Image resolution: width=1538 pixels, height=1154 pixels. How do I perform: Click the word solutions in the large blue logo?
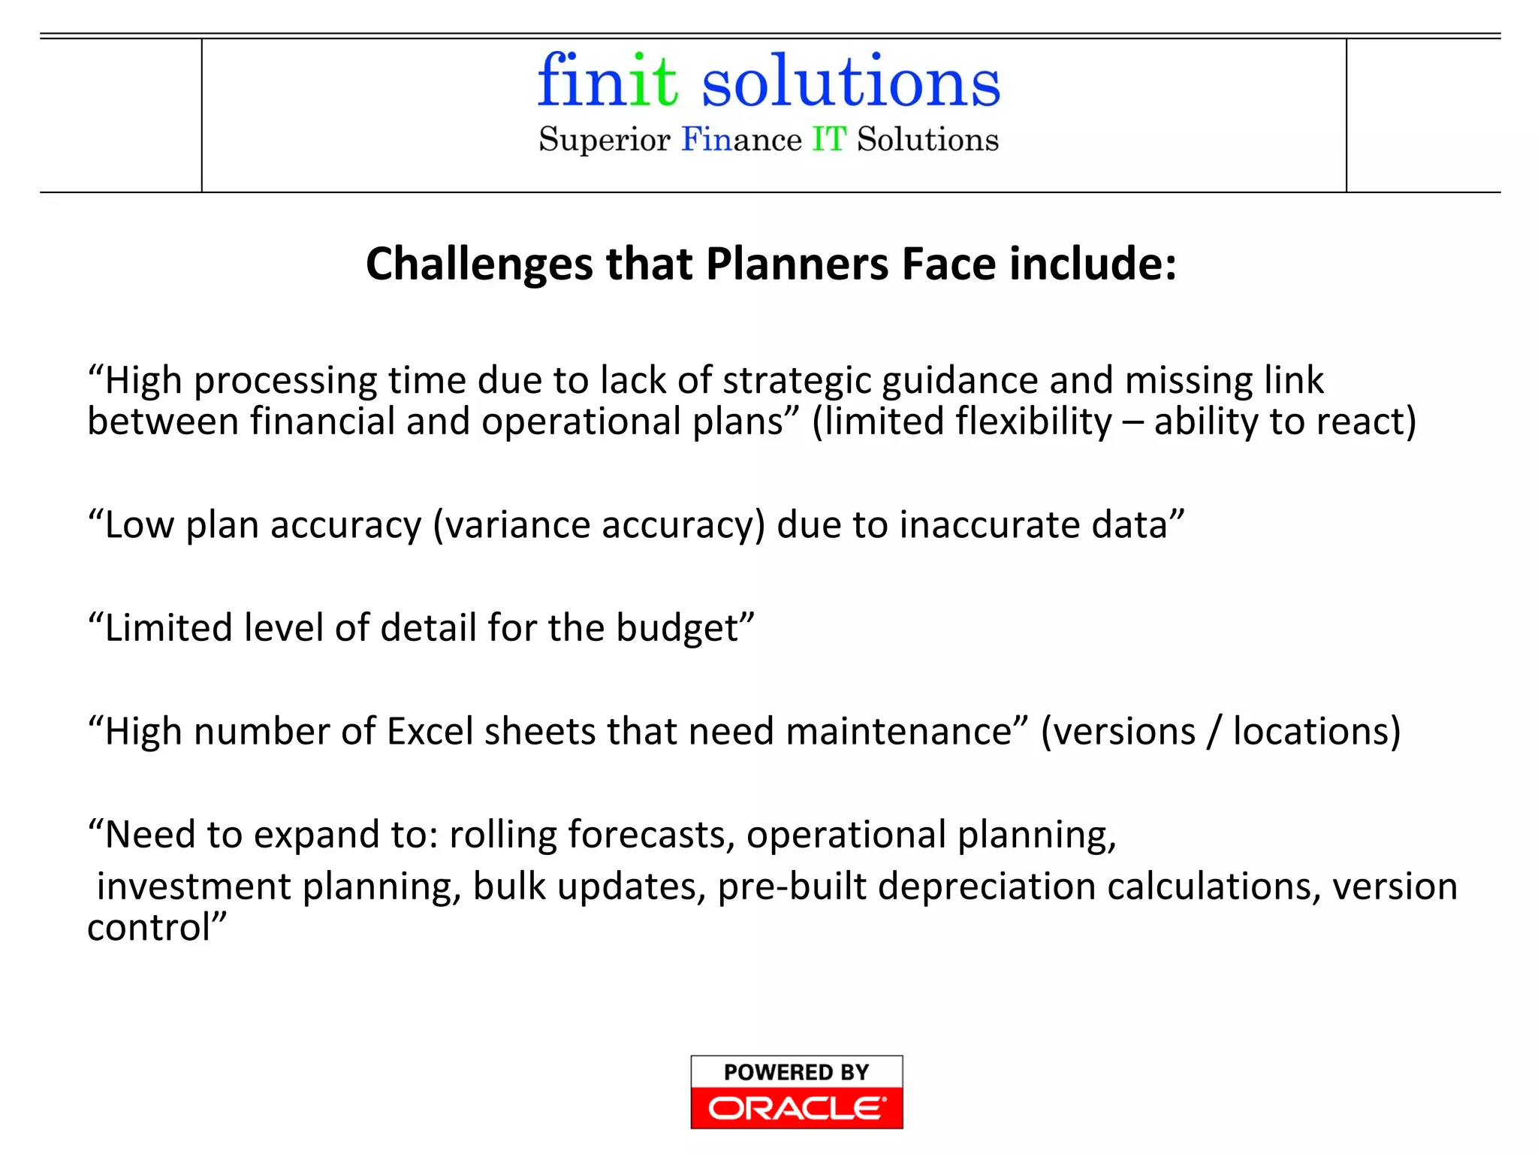pyautogui.click(x=850, y=83)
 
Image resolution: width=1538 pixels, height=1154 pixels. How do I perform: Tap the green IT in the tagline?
pyautogui.click(x=829, y=140)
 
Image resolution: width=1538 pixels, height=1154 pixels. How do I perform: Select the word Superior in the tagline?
pyautogui.click(x=604, y=140)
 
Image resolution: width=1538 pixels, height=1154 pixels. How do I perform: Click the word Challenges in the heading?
pyautogui.click(x=479, y=264)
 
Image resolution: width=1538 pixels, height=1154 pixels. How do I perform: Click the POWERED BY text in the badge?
pyautogui.click(x=796, y=1072)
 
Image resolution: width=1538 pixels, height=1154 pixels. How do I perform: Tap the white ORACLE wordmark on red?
pyautogui.click(x=796, y=1108)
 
